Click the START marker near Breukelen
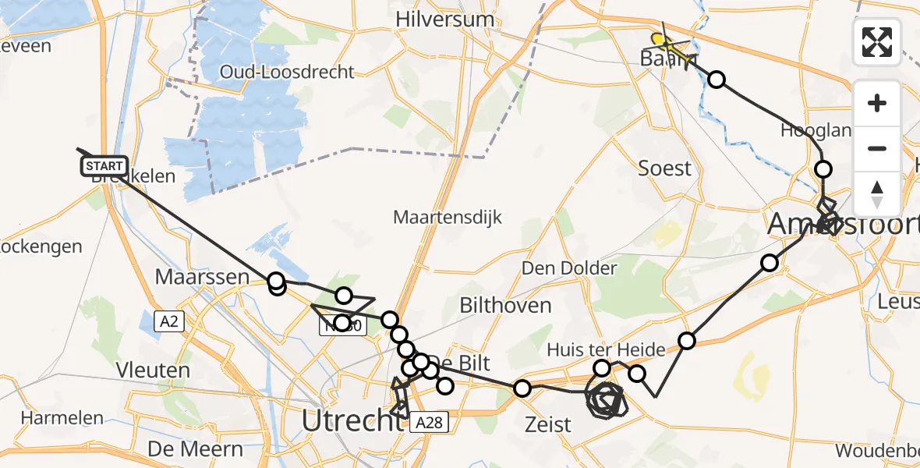pos(104,165)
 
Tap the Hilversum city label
pos(445,19)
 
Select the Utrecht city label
pos(352,422)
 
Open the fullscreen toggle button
pos(877,42)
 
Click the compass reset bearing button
pos(877,193)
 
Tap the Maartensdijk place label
pos(448,218)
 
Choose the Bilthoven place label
pos(505,305)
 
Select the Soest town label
pos(665,168)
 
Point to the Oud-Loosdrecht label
pos(287,72)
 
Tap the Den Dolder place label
pos(569,269)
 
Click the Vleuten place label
pos(153,370)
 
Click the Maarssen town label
pos(201,276)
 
